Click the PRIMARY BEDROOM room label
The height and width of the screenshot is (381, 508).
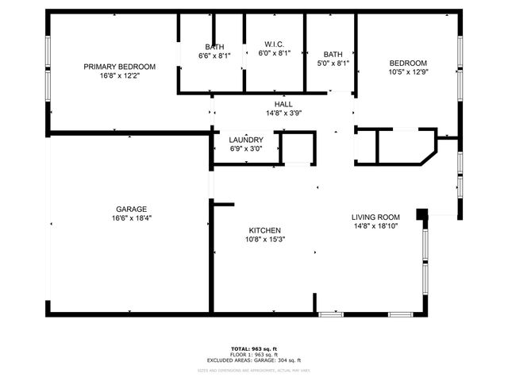[119, 67]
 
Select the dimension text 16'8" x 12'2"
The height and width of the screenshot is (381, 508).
[119, 76]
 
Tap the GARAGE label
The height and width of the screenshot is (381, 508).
[131, 210]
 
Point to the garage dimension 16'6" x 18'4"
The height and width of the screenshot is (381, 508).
[131, 219]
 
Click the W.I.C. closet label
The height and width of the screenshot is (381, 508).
[275, 44]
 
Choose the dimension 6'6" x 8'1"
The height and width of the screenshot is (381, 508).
[214, 56]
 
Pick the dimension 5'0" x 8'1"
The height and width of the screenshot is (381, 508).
[333, 63]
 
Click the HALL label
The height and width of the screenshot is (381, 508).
[283, 104]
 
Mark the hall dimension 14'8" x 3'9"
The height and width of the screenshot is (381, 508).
[283, 113]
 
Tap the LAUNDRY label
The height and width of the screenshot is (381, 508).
[246, 140]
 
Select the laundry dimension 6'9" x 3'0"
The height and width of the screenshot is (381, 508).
[246, 148]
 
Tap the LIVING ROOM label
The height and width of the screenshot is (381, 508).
[375, 217]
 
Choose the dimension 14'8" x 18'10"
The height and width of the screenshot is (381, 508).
[375, 226]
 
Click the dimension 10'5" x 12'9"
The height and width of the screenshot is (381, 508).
[408, 73]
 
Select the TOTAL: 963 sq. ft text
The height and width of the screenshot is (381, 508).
[254, 348]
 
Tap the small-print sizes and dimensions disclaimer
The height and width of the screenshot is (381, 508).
[254, 370]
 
